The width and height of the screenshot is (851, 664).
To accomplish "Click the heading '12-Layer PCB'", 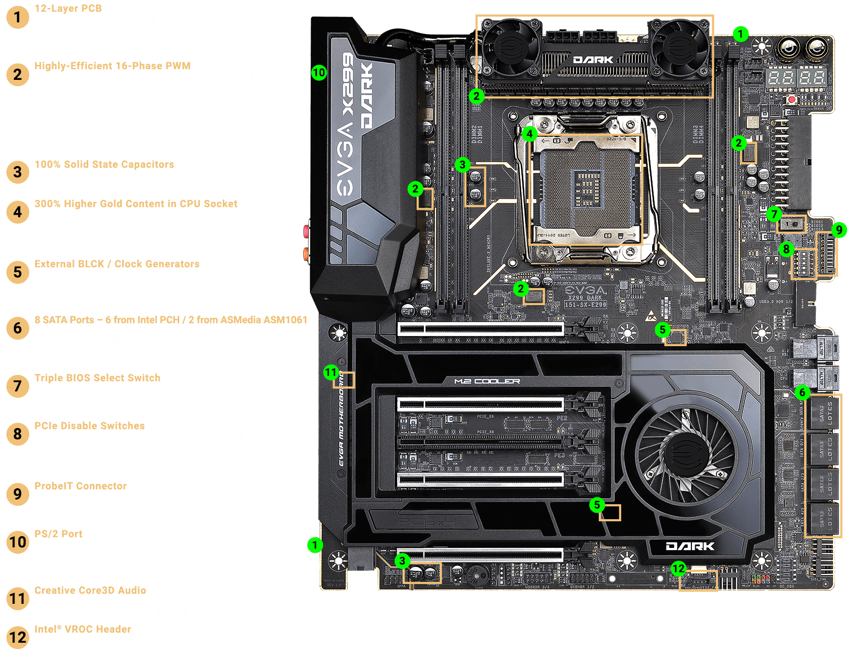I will (68, 8).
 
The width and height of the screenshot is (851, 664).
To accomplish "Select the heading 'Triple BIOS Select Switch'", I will (97, 378).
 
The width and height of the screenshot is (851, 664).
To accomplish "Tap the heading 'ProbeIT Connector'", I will (80, 486).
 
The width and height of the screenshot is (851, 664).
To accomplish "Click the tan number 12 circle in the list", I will (18, 638).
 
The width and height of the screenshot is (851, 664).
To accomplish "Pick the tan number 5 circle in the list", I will (18, 272).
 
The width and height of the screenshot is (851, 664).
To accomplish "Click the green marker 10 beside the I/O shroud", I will (319, 72).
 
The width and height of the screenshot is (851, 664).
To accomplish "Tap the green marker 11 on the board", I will (331, 372).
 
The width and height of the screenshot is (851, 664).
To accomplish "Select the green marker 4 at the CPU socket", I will (529, 133).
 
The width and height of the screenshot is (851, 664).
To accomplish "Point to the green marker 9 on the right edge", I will (839, 229).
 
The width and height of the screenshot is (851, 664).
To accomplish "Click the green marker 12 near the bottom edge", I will (678, 569).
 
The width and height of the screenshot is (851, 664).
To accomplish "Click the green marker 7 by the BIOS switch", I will (774, 215).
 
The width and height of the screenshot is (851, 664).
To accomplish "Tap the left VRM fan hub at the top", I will (510, 44).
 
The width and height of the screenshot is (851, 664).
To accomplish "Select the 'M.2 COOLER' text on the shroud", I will (487, 381).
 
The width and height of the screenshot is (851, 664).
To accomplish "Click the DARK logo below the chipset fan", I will (690, 546).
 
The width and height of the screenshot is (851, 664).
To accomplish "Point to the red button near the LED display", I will (792, 100).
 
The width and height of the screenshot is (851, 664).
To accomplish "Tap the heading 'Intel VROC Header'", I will (82, 629).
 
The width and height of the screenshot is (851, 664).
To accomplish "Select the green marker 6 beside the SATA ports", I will (802, 393).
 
